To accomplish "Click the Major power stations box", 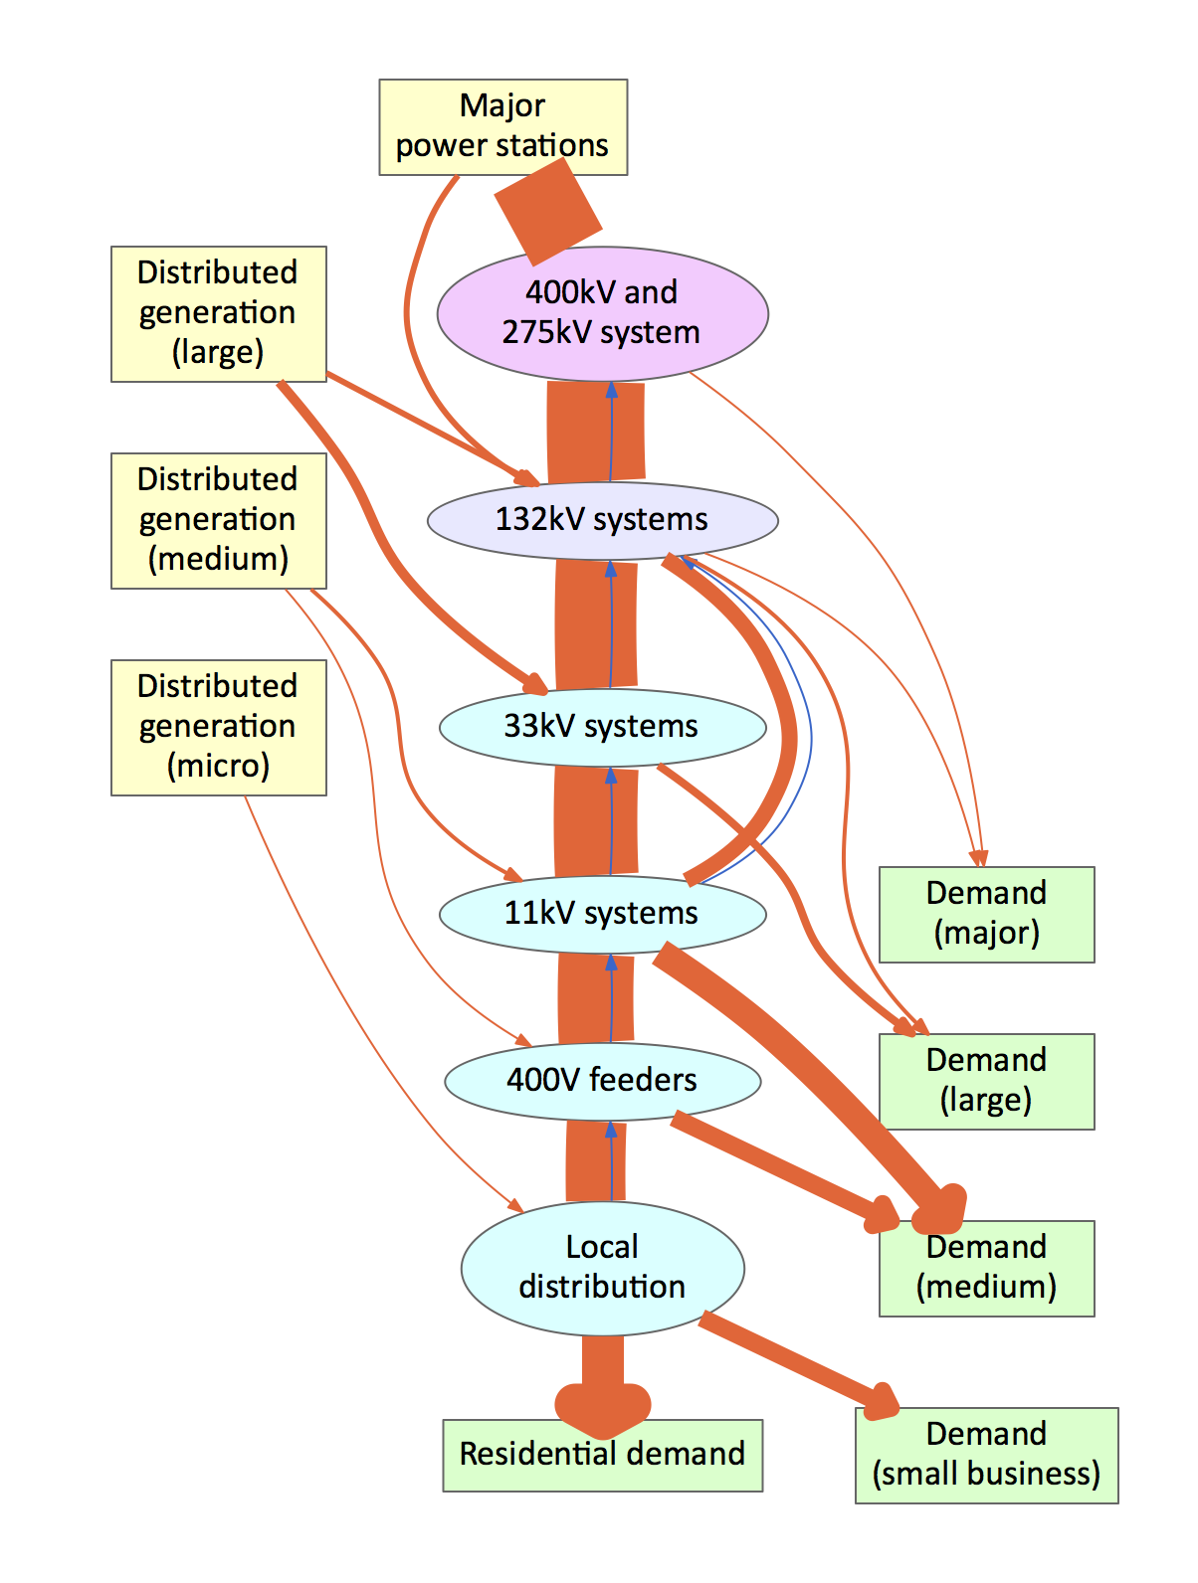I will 502,126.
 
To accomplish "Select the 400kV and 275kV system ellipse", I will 602,313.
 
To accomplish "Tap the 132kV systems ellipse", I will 602,520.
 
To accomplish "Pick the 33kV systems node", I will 602,727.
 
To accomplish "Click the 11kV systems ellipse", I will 602,913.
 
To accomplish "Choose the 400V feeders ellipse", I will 602,1081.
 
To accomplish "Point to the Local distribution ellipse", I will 602,1268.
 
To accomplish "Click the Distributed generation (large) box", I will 218,313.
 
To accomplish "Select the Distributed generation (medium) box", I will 218,520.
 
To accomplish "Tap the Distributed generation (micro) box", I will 218,727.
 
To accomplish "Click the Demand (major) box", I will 986,914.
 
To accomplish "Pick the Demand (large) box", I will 986,1081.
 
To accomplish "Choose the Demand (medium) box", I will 986,1268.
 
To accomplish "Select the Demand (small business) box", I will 986,1455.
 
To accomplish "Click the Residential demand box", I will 602,1455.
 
